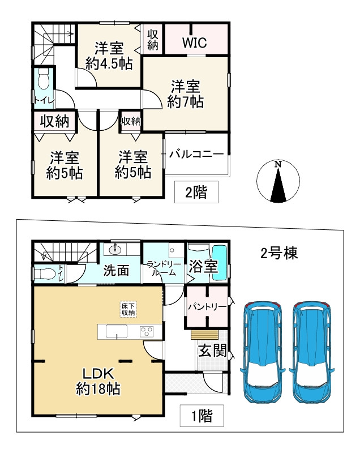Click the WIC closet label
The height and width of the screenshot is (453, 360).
pos(194,42)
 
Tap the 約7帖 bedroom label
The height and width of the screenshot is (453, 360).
pos(185,95)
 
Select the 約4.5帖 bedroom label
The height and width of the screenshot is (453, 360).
pos(109,55)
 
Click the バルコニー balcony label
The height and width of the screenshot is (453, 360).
pos(196,154)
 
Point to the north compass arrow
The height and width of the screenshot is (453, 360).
pos(277,183)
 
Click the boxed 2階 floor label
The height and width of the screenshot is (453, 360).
pos(196,193)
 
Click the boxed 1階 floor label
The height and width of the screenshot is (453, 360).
pos(201,417)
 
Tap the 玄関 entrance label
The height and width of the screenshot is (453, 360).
pos(210,350)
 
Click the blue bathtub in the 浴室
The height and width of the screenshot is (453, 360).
pos(220,262)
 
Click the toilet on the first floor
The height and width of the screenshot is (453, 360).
pos(45,273)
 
